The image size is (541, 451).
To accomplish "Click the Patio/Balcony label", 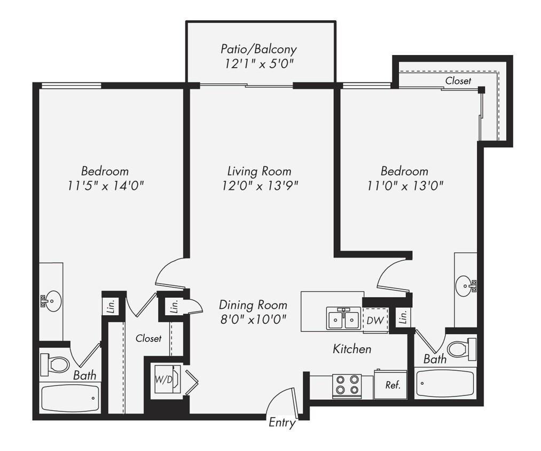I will (258, 49).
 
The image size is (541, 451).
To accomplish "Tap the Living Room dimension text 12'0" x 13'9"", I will (260, 185).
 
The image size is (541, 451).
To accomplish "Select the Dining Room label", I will (253, 305).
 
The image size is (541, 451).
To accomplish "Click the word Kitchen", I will (352, 349).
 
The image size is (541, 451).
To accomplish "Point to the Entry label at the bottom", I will (281, 423).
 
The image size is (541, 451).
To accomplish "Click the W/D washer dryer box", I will (164, 380).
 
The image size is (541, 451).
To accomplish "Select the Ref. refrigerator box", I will (392, 384).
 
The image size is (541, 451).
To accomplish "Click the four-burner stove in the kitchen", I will (346, 385).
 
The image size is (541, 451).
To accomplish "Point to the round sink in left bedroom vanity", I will (53, 301).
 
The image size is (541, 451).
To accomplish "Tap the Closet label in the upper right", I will (458, 81).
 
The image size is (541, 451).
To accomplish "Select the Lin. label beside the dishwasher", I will (404, 318).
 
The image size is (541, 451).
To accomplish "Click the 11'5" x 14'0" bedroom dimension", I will (105, 185).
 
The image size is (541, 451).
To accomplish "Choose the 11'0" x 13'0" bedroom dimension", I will (404, 185).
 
